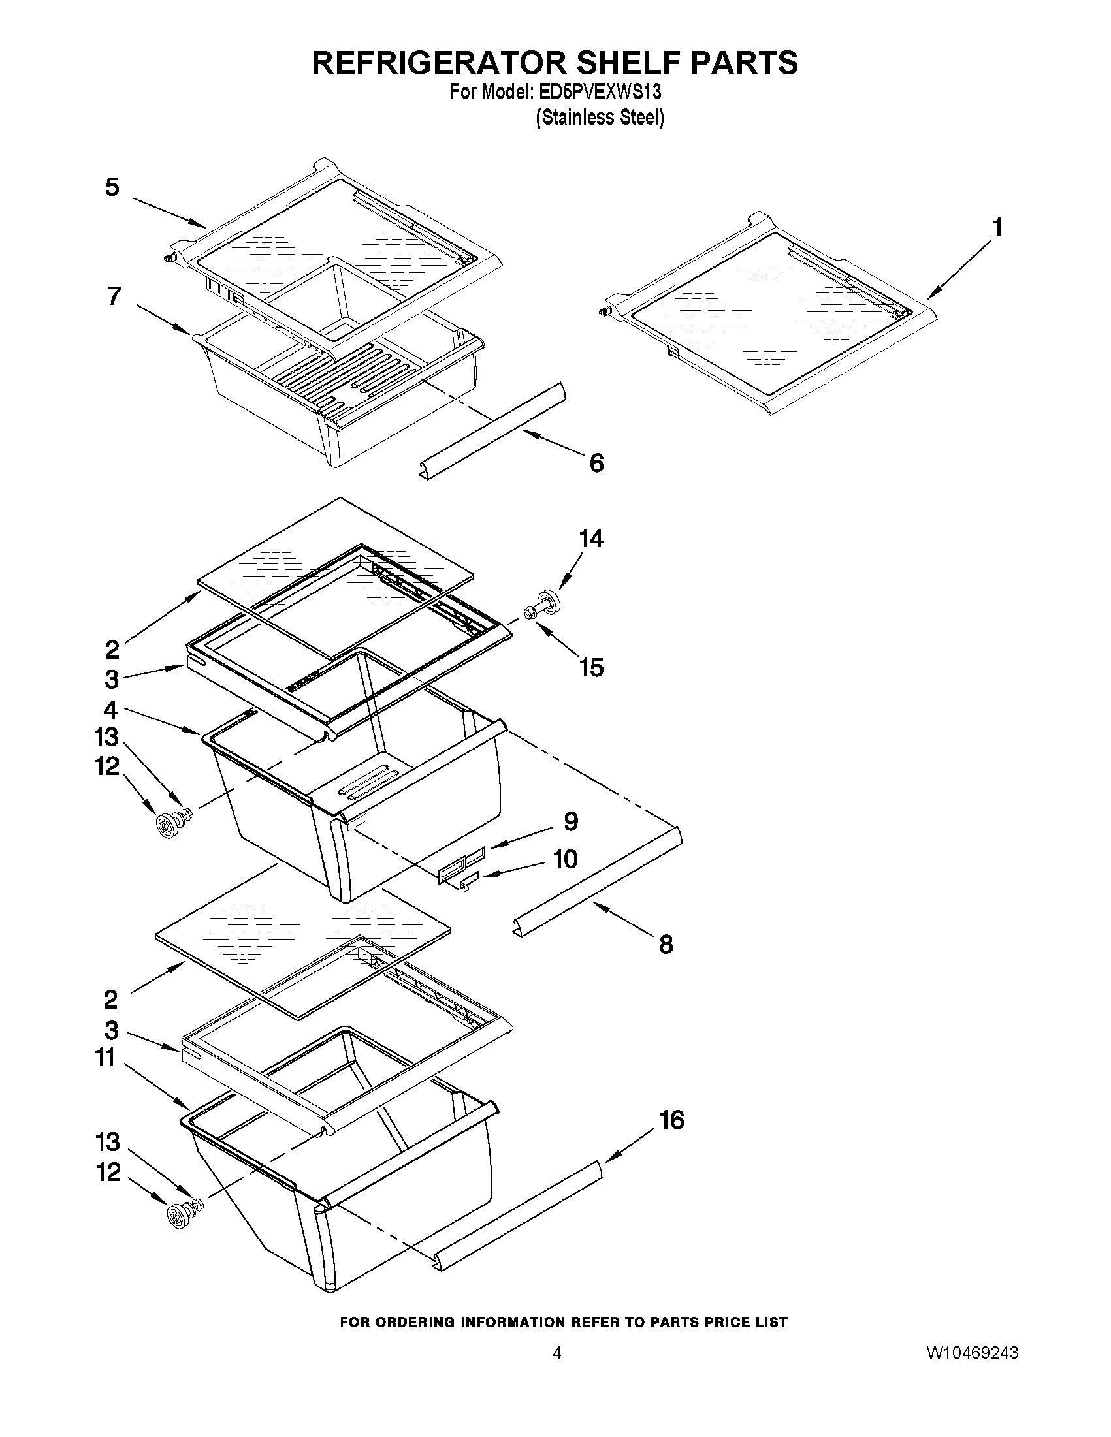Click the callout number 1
click(x=998, y=229)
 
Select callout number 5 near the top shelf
click(x=112, y=187)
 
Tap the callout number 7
click(x=114, y=296)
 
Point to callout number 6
click(x=596, y=464)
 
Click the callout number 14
click(x=590, y=539)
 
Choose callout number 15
click(x=591, y=667)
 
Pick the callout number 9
click(x=571, y=821)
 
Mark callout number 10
click(x=566, y=859)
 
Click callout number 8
click(x=666, y=945)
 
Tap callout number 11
click(x=105, y=1058)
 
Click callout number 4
click(x=110, y=710)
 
